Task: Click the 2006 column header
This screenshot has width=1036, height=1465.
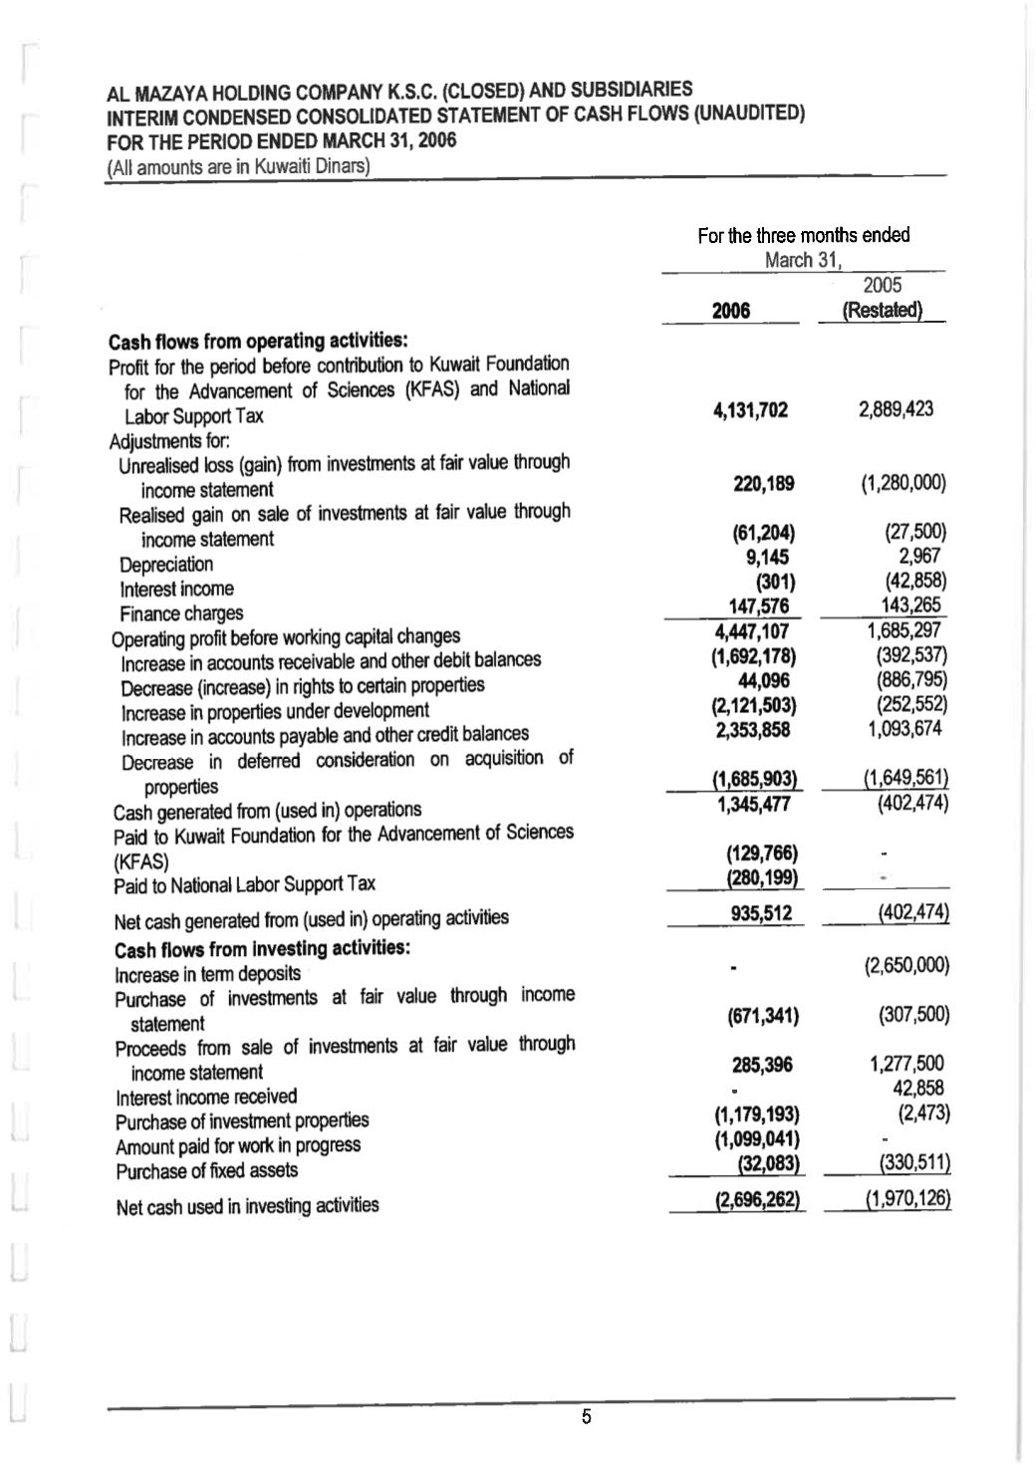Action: coord(731,311)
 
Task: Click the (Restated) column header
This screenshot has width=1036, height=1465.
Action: coord(882,310)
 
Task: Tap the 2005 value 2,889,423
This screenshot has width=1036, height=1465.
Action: coord(896,409)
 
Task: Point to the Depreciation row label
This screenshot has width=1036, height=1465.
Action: coord(166,565)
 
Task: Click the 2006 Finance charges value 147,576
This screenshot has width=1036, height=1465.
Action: coord(759,607)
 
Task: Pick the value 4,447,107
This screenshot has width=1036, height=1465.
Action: coord(752,631)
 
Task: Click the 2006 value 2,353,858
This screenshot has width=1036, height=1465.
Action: coord(753,730)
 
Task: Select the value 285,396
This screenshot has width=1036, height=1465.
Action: coord(763,1066)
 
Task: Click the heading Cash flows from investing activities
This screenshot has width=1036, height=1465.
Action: coord(263,947)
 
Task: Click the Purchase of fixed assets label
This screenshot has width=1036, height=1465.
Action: coord(206,1171)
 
